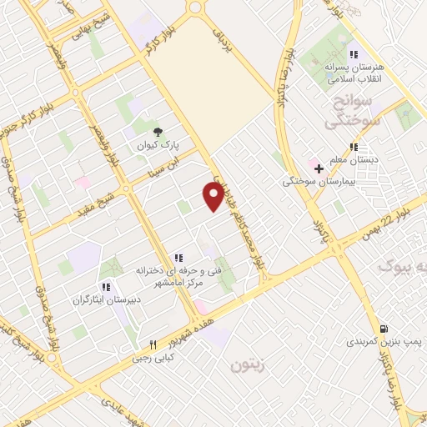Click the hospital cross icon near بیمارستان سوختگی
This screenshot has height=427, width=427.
[x=318, y=168]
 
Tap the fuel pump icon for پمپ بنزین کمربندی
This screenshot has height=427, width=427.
[x=383, y=328]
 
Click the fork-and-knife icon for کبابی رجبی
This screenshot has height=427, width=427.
[x=153, y=344]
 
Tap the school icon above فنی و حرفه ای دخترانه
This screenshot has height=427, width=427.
[x=178, y=258]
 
